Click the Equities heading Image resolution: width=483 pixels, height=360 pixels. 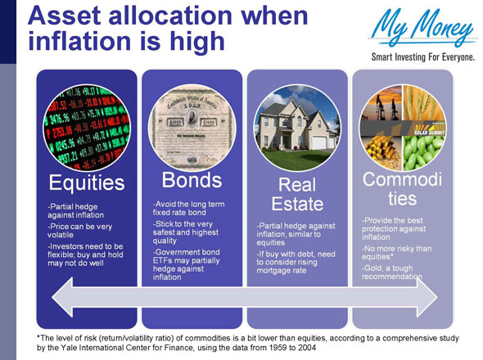[x=87, y=180]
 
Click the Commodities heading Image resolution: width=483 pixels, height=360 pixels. [x=402, y=189]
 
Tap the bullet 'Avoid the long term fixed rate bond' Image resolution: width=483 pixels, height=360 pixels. [x=188, y=208]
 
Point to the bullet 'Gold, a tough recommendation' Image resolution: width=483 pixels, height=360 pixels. [x=393, y=272]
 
